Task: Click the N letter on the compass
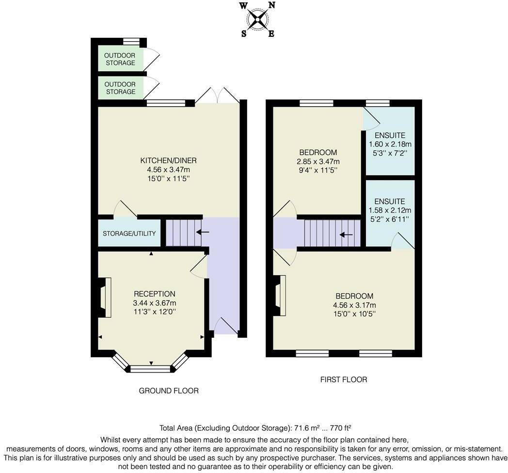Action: [x=271, y=5]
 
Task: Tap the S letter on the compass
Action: [x=244, y=34]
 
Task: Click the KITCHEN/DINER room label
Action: [x=169, y=160]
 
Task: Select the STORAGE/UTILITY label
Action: [x=129, y=233]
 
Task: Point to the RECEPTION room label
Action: [x=155, y=294]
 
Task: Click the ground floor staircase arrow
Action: [x=203, y=232]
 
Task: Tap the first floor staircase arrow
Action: [x=346, y=235]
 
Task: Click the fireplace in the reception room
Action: [x=104, y=298]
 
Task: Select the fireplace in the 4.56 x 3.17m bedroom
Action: [x=279, y=296]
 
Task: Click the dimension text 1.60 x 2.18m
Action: [x=390, y=144]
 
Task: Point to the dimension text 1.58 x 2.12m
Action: [x=390, y=210]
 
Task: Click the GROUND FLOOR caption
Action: [x=169, y=391]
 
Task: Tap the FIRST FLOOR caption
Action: [x=344, y=379]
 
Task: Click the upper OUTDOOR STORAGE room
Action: [x=121, y=59]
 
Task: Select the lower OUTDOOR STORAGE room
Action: [x=121, y=88]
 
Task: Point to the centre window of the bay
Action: [x=150, y=369]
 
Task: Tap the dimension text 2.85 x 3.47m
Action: [x=318, y=161]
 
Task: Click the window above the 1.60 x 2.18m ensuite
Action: [x=378, y=103]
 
